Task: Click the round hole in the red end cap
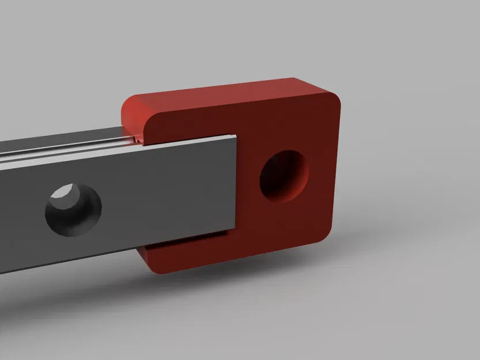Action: pos(284,177)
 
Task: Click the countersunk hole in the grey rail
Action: pos(73,210)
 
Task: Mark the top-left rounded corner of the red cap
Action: pos(130,104)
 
